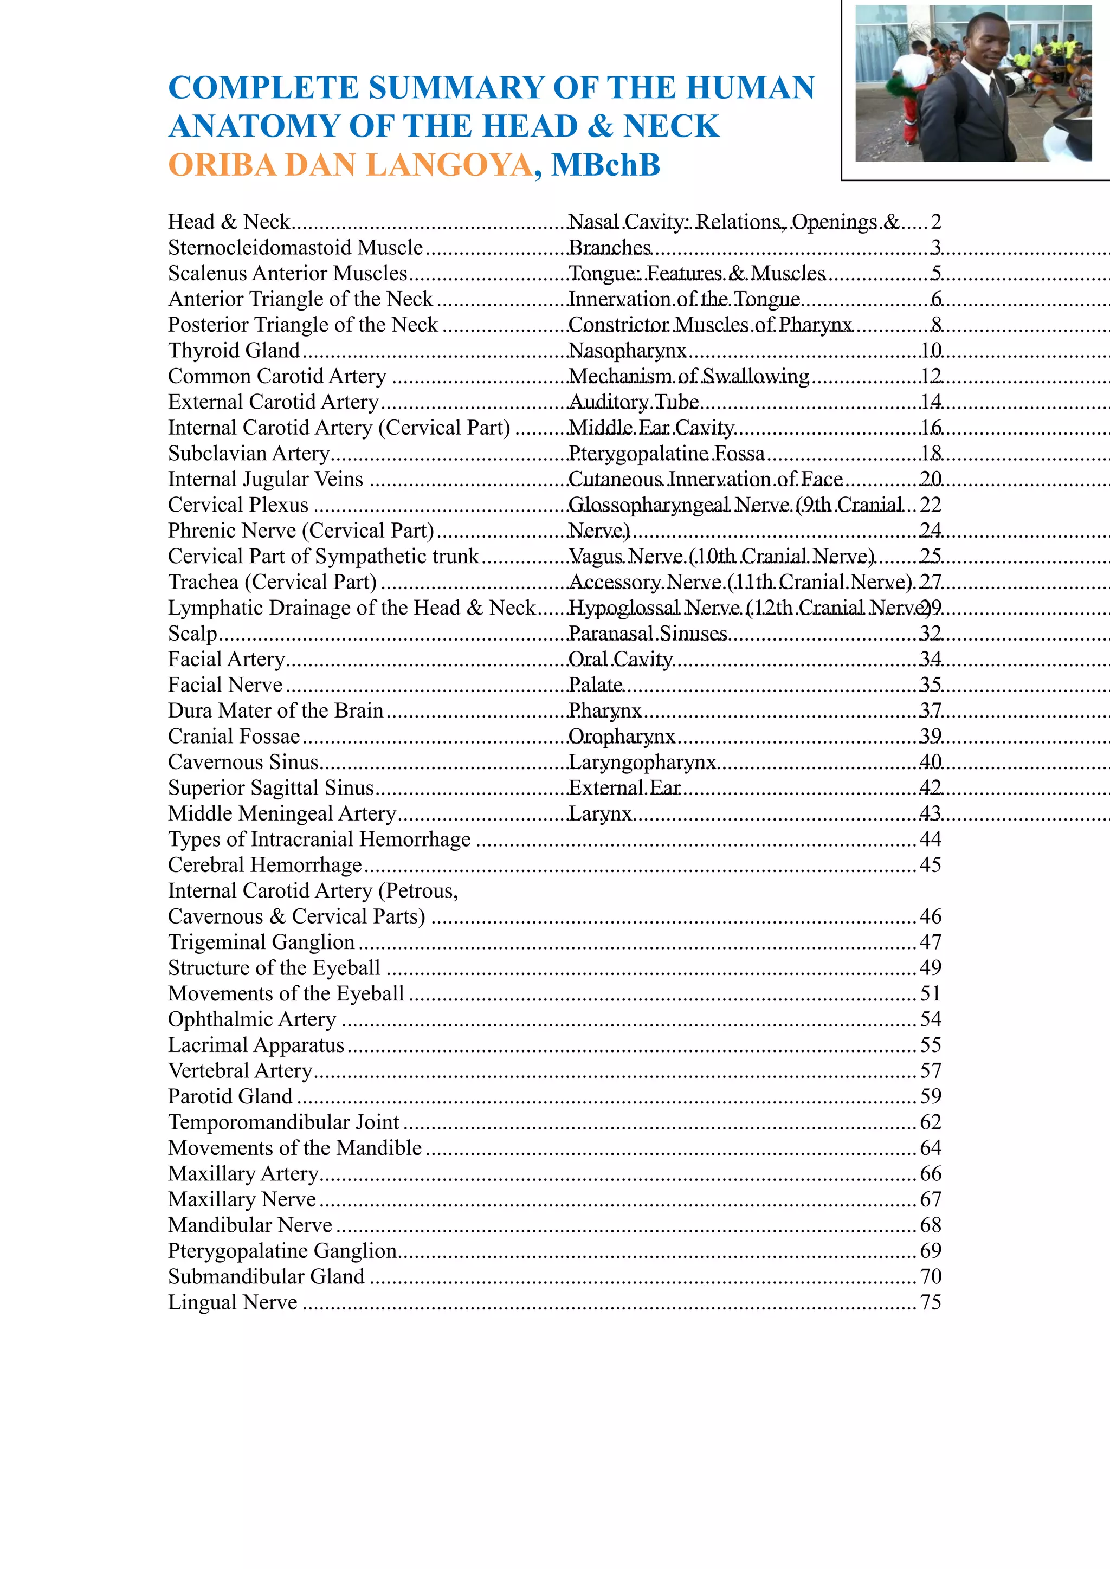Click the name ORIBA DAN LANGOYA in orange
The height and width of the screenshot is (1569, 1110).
[350, 165]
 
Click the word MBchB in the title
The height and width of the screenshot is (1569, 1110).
[605, 165]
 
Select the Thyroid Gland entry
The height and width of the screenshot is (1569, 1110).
[234, 351]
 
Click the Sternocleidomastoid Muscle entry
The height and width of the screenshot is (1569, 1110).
[295, 247]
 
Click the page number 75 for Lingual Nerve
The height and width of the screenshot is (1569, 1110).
[930, 1302]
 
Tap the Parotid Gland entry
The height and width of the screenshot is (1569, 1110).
[230, 1096]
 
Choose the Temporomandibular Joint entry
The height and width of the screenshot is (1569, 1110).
[283, 1122]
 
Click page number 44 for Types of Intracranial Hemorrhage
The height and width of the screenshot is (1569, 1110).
[930, 839]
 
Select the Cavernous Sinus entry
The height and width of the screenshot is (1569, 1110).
[243, 762]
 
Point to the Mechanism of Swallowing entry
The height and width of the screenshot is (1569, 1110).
[688, 377]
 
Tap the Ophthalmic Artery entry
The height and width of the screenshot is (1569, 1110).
[252, 1019]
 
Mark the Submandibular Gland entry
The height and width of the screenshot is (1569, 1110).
[266, 1276]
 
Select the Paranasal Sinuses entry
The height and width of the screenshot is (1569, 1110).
[647, 634]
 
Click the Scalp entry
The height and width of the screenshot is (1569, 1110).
[192, 634]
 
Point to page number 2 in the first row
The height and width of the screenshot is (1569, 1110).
[935, 222]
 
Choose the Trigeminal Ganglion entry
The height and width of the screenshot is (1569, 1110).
[261, 942]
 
